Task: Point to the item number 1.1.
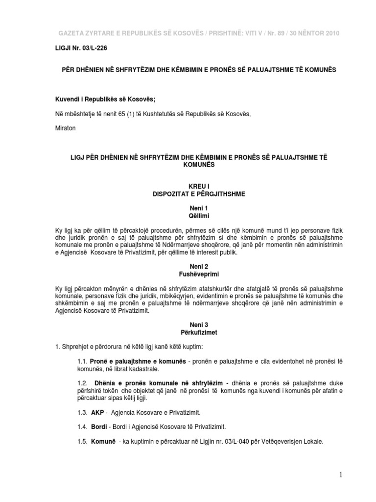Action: click(81, 362)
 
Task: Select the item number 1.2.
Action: click(81, 383)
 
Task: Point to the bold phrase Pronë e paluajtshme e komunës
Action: click(138, 362)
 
